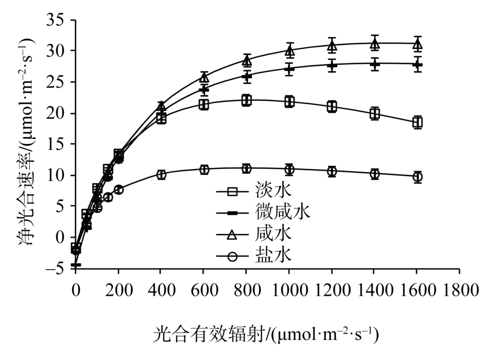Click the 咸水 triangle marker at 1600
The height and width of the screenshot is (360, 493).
pyautogui.click(x=418, y=44)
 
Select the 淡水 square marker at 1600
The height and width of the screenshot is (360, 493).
pyautogui.click(x=418, y=122)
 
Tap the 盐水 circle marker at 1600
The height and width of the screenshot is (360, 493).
pyautogui.click(x=418, y=177)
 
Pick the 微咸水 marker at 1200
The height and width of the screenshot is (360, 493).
pyautogui.click(x=332, y=65)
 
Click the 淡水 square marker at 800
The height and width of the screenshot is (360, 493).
pyautogui.click(x=246, y=101)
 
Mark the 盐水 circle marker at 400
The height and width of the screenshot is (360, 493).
pyautogui.click(x=161, y=174)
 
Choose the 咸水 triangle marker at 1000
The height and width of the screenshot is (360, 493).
pyautogui.click(x=289, y=50)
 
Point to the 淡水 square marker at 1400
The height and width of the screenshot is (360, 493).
pyautogui.click(x=375, y=114)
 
